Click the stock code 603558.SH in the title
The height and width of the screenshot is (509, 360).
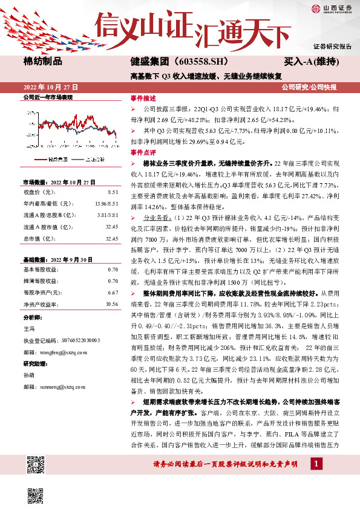click(194, 61)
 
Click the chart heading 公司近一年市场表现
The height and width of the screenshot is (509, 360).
click(47, 97)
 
